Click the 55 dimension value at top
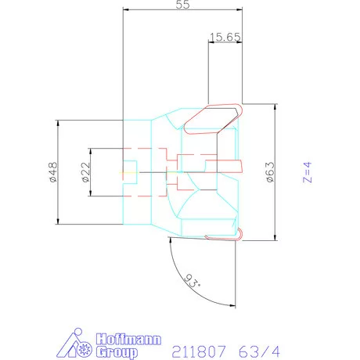tap(182, 5)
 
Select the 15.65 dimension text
tap(225, 37)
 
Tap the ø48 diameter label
tap(53, 172)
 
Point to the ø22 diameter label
tap(85, 172)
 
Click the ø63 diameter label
tap(270, 172)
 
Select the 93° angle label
tap(193, 281)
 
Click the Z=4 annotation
tap(308, 172)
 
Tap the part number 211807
tap(199, 351)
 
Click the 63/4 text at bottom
tap(259, 351)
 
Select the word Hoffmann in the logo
tap(128, 339)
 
